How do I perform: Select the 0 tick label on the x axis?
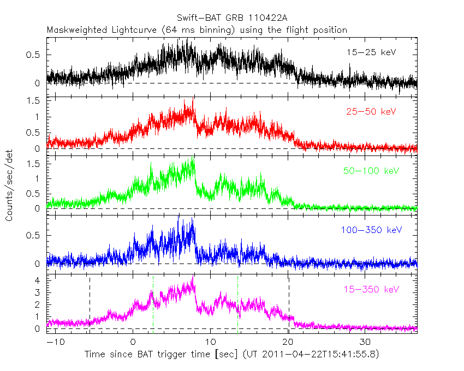[x=133, y=342]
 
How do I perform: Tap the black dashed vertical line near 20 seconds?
[x=288, y=306]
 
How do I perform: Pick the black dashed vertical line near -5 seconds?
[x=90, y=306]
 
